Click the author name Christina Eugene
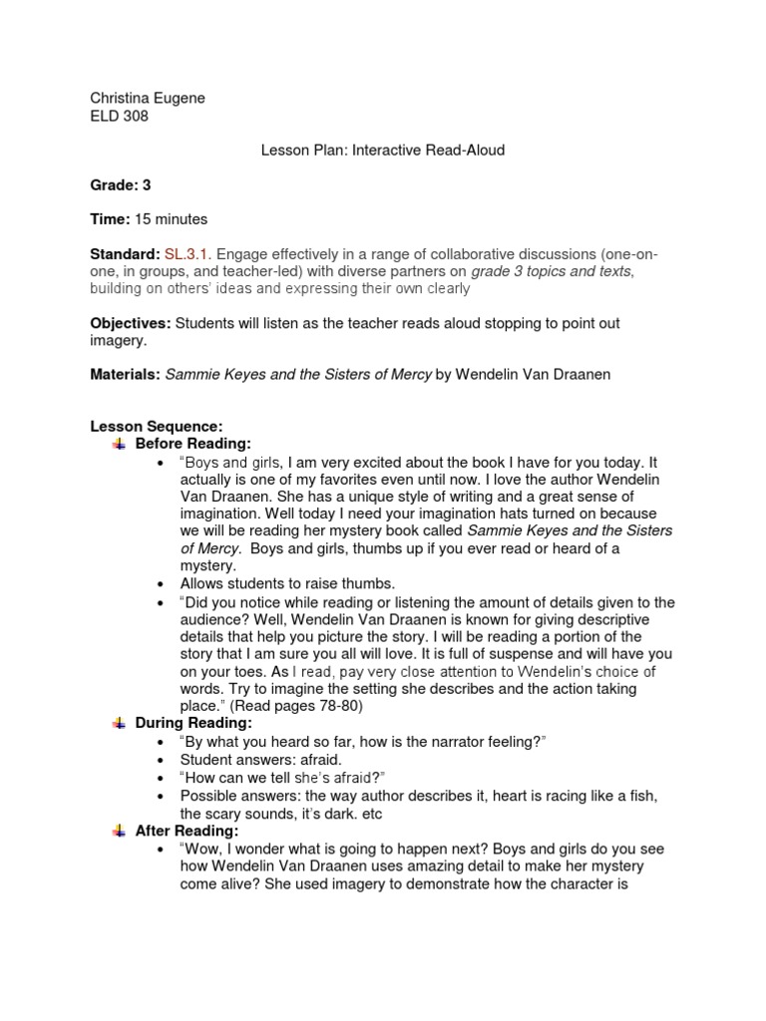tap(148, 98)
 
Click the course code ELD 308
tap(120, 116)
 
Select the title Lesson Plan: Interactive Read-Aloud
tap(383, 151)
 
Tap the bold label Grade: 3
tap(121, 184)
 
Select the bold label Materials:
tap(125, 375)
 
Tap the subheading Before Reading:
tap(193, 443)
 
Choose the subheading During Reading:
tap(193, 723)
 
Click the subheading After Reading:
tap(187, 831)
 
